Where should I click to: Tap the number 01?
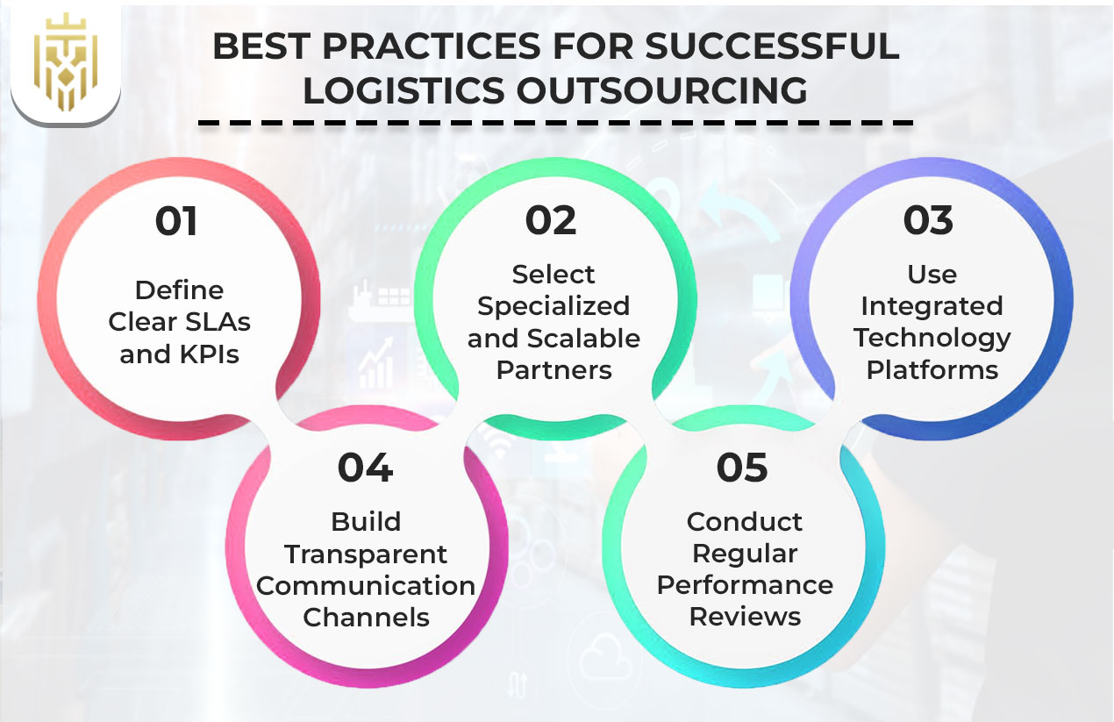click(x=177, y=221)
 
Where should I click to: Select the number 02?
click(x=551, y=221)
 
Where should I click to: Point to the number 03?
click(x=929, y=221)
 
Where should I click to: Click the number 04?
click(x=365, y=468)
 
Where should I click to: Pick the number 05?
click(x=742, y=468)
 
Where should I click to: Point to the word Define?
click(x=179, y=290)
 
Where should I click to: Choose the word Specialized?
click(x=553, y=306)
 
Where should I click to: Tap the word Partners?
click(x=553, y=370)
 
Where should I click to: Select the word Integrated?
click(x=932, y=306)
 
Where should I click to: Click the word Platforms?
click(x=932, y=370)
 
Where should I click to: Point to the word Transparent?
click(x=366, y=554)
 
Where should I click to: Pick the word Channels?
click(x=366, y=618)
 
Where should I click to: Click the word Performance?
click(x=745, y=585)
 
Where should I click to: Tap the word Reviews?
click(x=745, y=617)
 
